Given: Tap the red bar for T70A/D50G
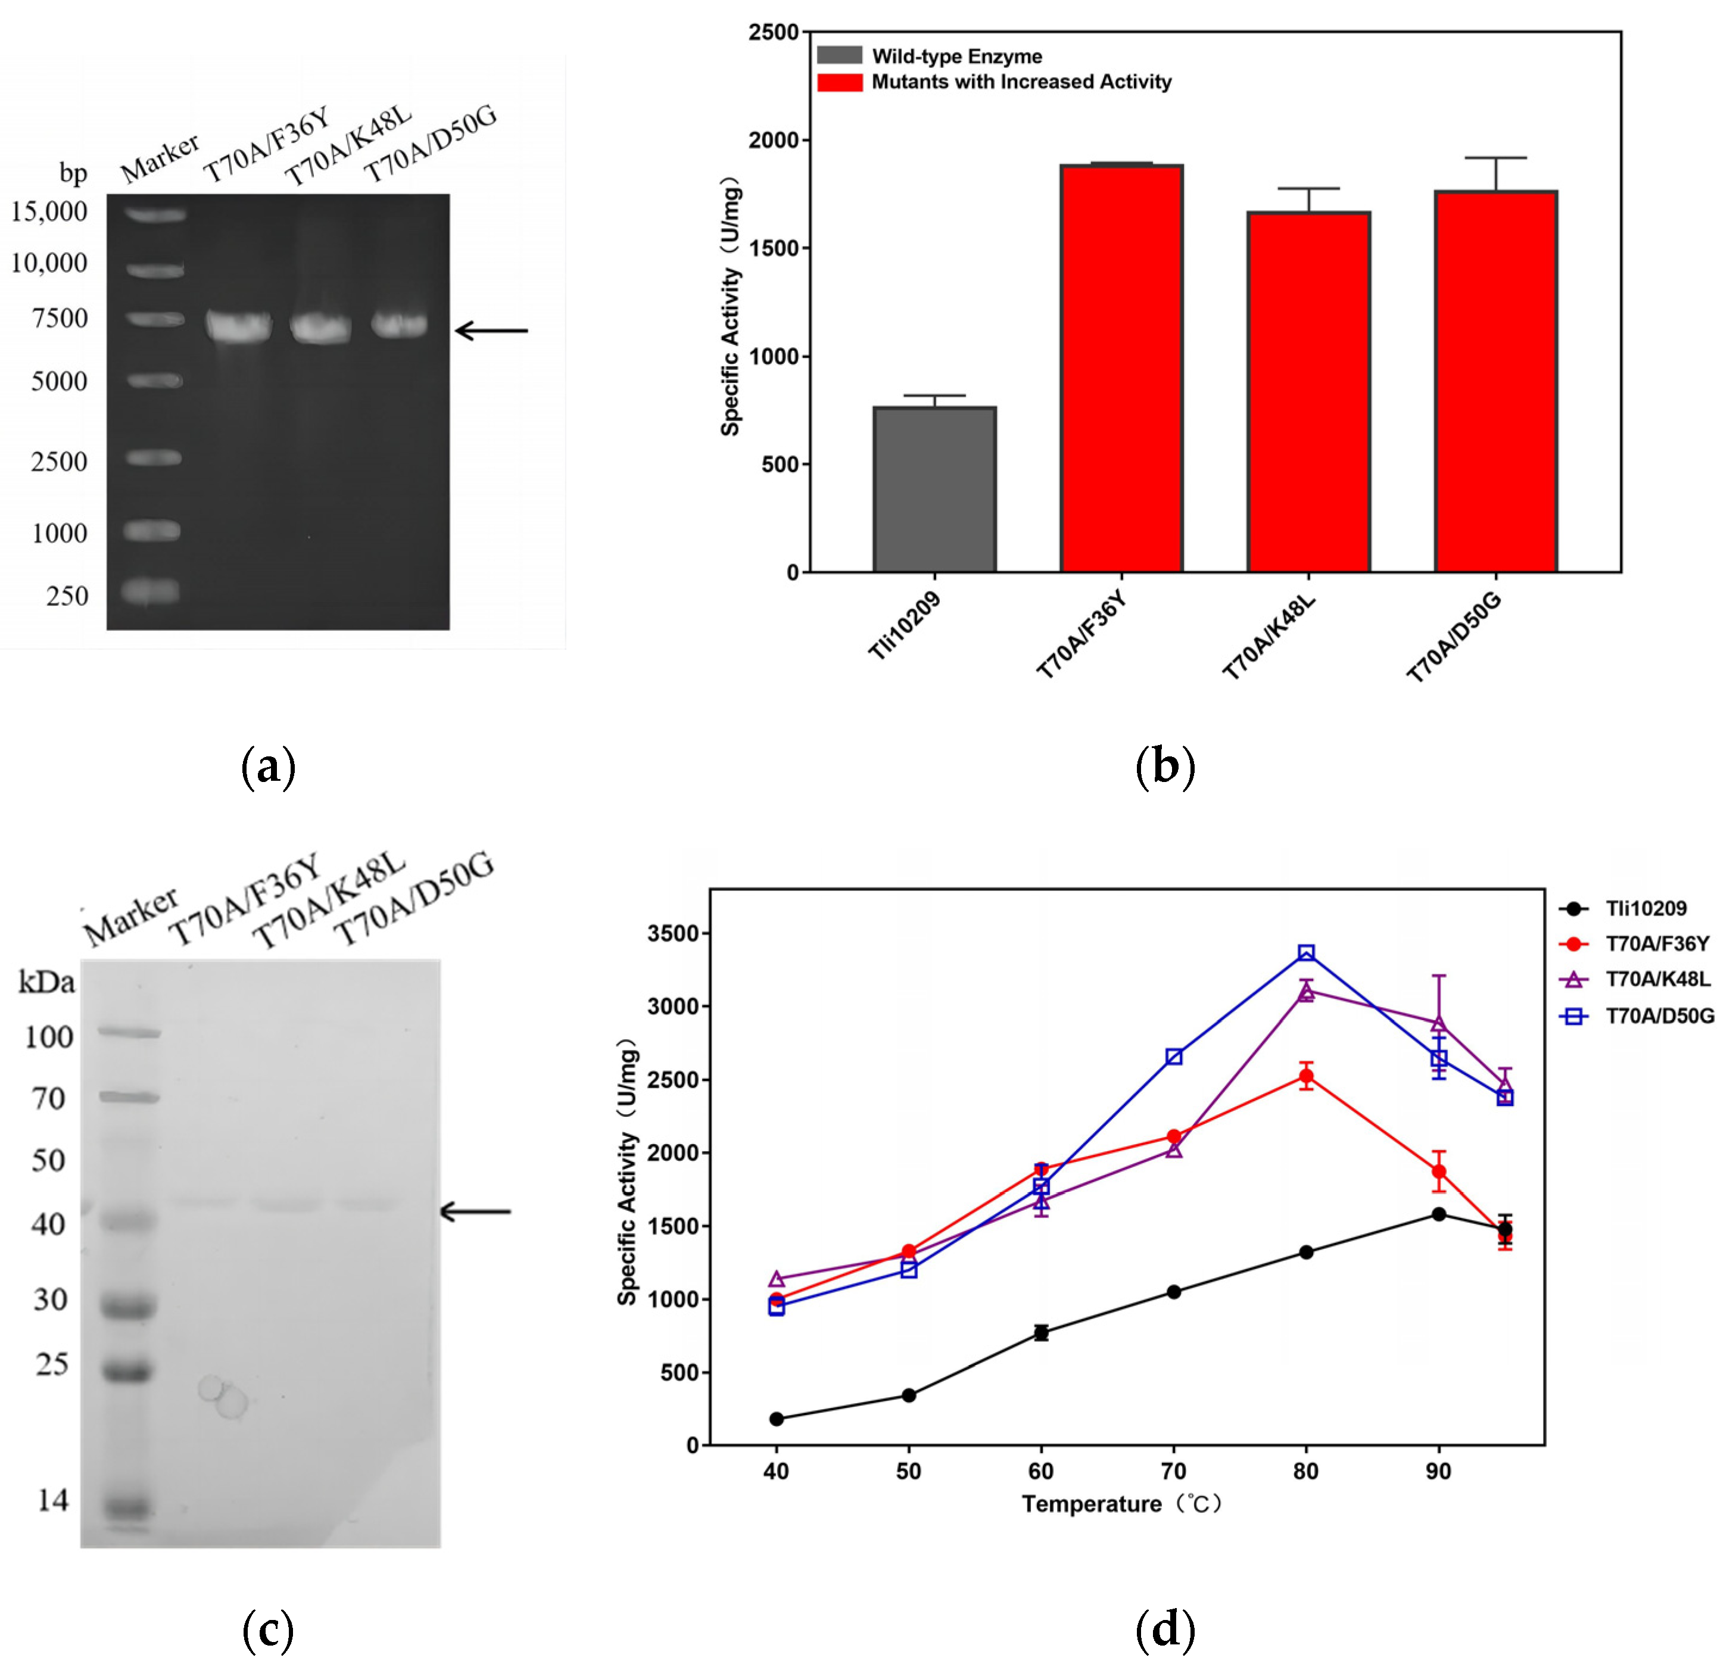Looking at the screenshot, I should pos(1496,382).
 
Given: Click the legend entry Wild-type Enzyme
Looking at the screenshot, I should pos(956,57).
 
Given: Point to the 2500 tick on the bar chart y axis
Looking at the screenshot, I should pos(773,33).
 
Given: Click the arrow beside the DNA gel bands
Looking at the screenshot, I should pos(491,331).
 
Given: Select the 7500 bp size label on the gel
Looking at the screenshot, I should pos(60,318).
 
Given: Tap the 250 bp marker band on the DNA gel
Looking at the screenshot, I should pos(151,590).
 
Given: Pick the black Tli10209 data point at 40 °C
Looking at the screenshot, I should pos(777,1419).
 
